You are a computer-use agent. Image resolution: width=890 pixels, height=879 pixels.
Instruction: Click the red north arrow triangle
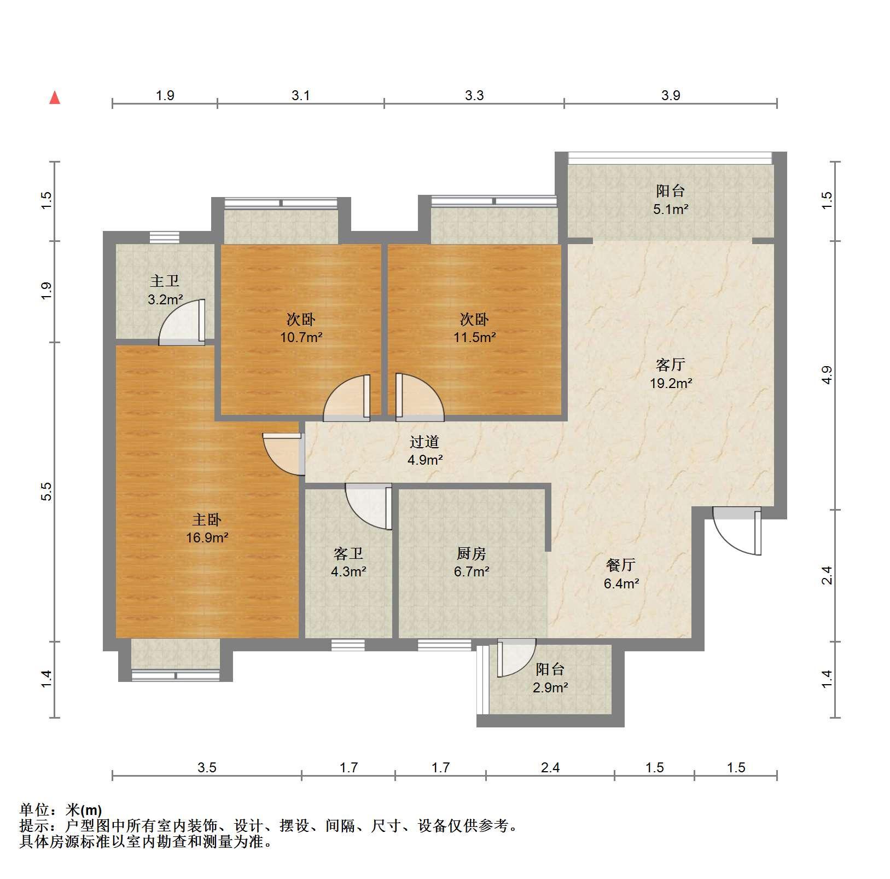point(55,98)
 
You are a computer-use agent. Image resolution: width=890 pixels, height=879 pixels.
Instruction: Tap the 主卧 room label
point(206,519)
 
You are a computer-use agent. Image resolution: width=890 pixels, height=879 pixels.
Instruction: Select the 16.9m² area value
point(207,537)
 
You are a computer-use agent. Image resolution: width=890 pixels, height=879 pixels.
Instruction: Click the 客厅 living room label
point(670,365)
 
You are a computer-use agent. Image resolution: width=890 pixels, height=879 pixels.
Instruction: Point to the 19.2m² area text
point(671,383)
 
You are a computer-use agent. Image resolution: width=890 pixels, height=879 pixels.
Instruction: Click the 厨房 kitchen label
point(471,554)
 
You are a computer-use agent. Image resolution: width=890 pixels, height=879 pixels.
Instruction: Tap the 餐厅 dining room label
point(621,565)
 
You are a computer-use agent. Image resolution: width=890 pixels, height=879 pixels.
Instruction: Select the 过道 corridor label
point(424,442)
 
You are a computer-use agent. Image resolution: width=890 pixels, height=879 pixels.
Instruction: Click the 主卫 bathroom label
point(165,281)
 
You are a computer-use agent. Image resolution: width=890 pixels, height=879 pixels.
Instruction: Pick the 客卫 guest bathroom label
point(348,554)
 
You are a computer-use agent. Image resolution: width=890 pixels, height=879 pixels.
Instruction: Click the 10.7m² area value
point(301,337)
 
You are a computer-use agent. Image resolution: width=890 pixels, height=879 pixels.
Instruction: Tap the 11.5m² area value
point(474,337)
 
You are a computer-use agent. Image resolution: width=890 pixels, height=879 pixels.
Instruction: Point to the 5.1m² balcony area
point(671,209)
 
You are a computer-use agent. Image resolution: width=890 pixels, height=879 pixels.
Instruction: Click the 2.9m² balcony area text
point(550,687)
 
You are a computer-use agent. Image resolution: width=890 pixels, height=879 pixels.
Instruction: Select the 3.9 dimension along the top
point(671,96)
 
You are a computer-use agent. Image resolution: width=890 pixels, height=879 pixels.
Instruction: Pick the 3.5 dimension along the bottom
point(207,767)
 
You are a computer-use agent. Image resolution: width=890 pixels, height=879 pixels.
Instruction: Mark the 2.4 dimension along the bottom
point(550,767)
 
